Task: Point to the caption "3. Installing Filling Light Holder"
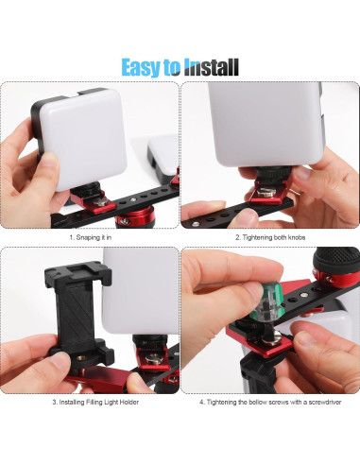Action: pos(90,402)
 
